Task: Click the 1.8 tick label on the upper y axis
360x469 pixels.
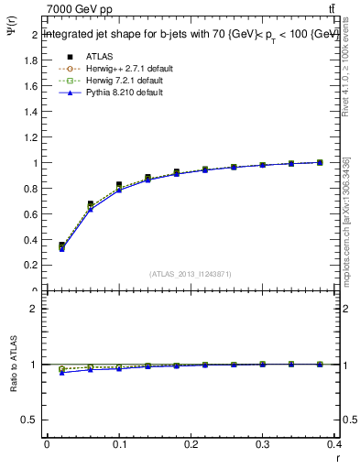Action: pos(29,60)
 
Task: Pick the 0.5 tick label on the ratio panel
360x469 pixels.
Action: pos(29,420)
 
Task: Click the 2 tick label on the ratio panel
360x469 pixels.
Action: pos(33,309)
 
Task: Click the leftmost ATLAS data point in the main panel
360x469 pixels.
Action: pos(61,245)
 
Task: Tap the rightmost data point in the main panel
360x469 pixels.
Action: pos(320,162)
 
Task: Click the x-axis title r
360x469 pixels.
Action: pos(336,460)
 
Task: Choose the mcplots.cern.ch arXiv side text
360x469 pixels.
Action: pos(345,220)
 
